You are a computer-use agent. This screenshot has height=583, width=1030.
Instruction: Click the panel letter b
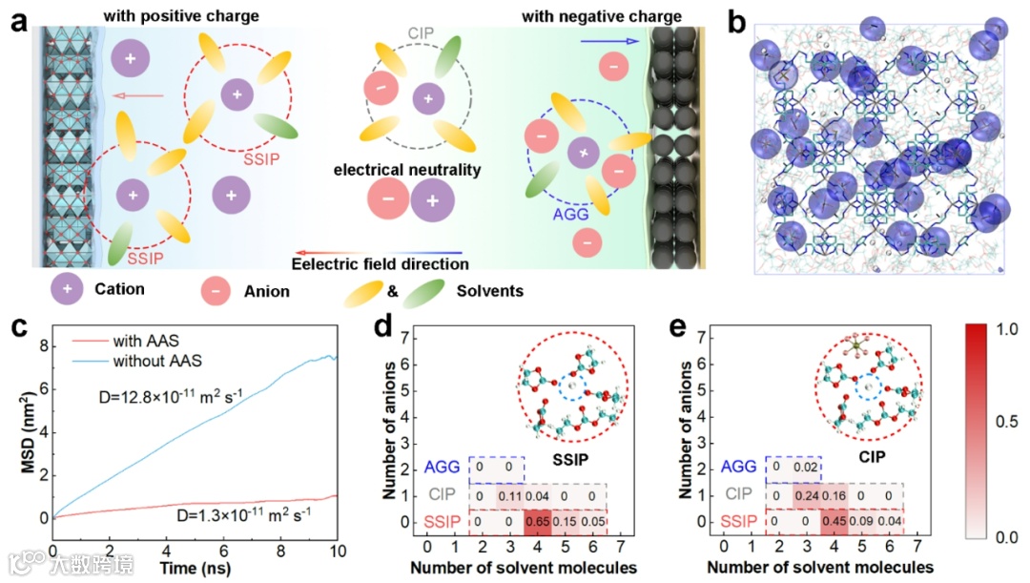point(736,21)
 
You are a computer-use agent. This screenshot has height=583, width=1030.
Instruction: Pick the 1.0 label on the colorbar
point(1001,328)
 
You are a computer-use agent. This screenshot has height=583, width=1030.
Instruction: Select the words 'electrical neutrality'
point(406,171)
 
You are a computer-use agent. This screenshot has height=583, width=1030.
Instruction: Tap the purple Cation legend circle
point(67,289)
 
